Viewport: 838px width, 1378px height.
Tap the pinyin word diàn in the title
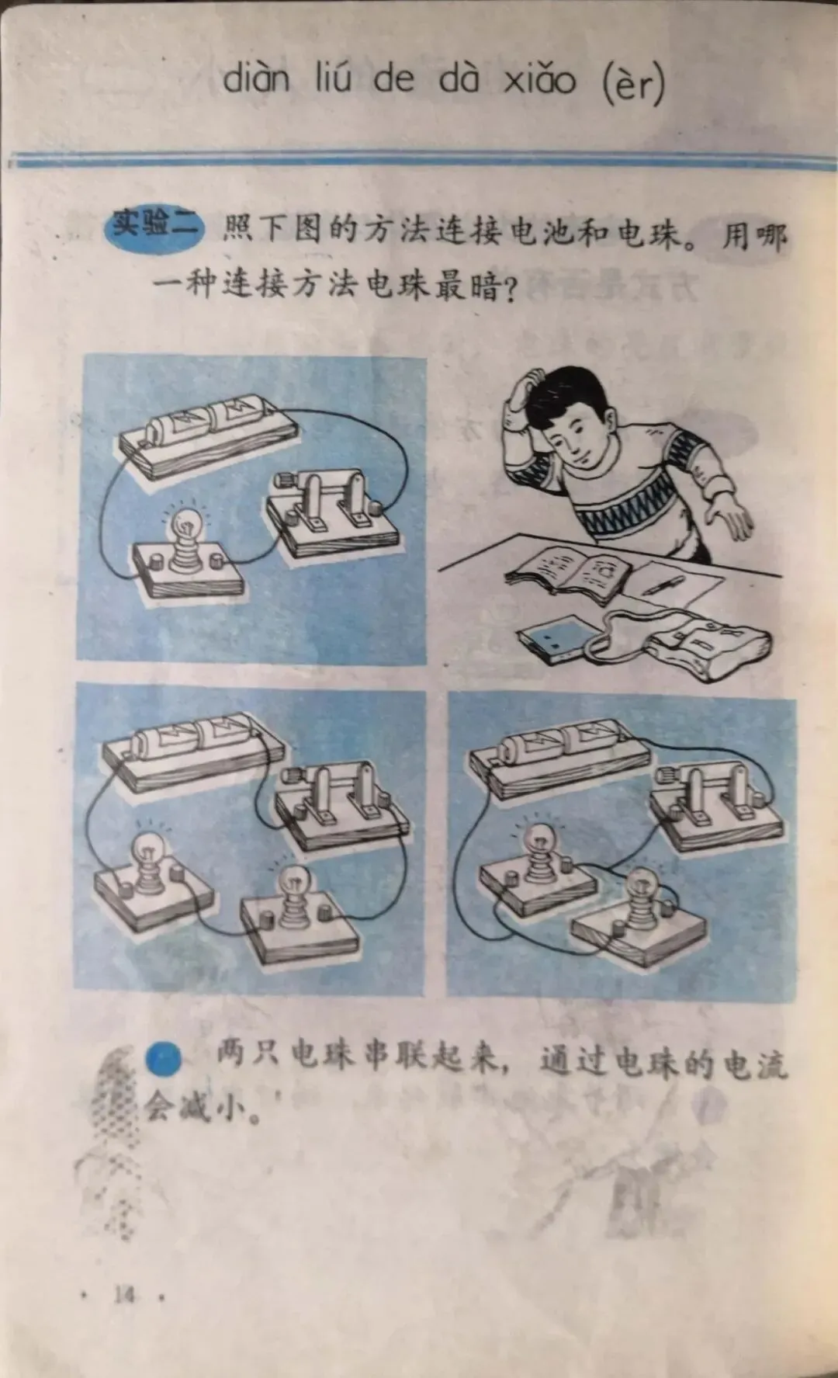257,79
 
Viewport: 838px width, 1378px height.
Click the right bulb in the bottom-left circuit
295,897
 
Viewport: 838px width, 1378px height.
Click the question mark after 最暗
508,290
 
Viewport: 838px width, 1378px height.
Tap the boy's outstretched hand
729,519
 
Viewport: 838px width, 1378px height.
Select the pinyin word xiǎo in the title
540,79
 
